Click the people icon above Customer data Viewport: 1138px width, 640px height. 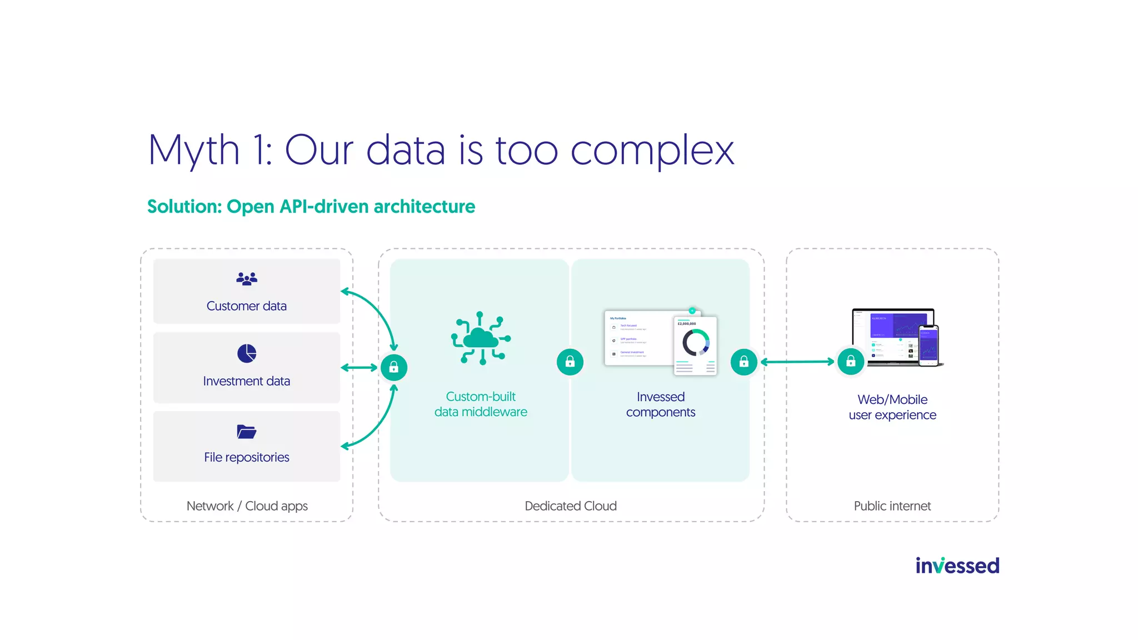(247, 278)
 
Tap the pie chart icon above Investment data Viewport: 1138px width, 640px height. (247, 353)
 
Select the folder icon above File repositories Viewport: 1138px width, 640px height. (246, 431)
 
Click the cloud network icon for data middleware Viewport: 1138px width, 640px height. (481, 338)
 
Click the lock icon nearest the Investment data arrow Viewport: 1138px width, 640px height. (394, 367)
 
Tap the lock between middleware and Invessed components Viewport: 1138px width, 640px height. (570, 362)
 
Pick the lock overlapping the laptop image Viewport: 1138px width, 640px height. (851, 362)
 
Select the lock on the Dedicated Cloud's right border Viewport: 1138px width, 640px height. (744, 362)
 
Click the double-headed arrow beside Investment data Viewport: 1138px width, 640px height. (359, 367)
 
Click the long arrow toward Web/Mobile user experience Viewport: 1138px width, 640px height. (797, 362)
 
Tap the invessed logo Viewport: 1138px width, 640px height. (957, 566)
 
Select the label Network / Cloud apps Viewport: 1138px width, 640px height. (247, 506)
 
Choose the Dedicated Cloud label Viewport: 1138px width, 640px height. (571, 506)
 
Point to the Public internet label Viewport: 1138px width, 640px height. (892, 506)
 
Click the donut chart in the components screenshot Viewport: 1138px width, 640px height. (696, 343)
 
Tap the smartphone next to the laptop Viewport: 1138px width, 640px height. (929, 346)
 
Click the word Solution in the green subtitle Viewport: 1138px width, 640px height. (184, 207)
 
